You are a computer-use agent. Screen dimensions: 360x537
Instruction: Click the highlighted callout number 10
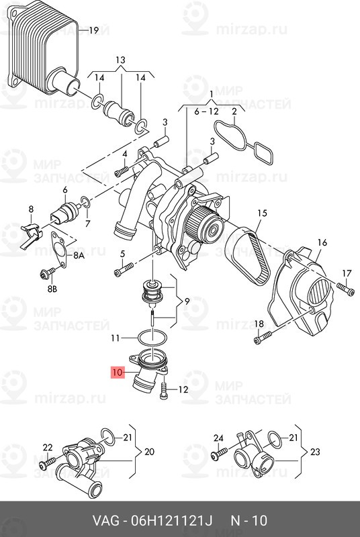point(117,373)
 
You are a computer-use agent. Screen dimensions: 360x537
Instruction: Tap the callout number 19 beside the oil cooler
point(93,30)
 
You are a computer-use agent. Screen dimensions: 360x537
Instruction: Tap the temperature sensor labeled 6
point(65,213)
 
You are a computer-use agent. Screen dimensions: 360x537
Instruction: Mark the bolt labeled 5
point(124,269)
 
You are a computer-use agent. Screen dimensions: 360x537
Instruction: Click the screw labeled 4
point(122,172)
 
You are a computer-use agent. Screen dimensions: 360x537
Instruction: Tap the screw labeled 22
point(47,463)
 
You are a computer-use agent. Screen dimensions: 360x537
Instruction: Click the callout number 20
point(149,452)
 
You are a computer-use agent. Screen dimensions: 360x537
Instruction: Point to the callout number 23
point(315,452)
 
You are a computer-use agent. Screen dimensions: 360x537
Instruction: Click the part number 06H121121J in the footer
point(172,521)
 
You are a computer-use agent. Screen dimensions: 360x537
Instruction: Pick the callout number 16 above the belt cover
point(322,243)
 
